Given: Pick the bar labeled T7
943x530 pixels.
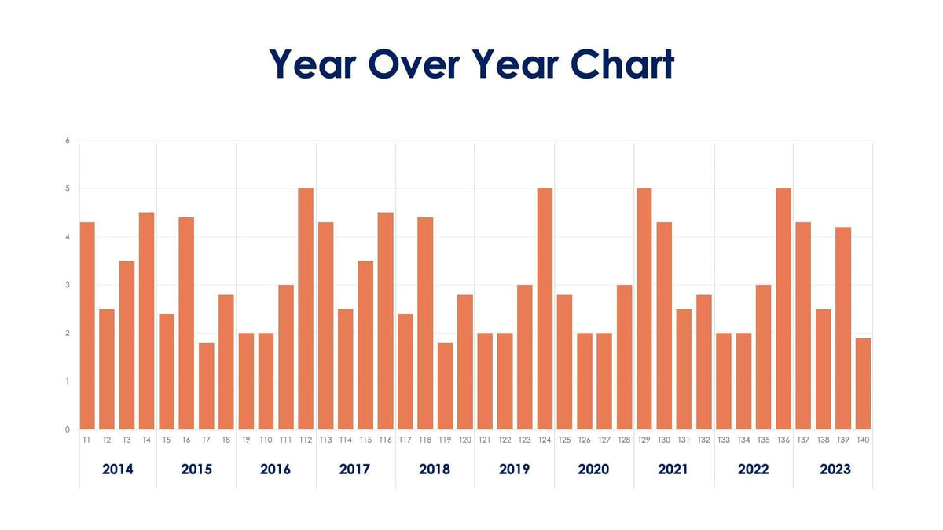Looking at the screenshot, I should [206, 386].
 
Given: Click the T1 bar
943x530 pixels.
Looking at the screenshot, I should [86, 326].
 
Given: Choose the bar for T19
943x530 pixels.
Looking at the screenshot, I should [445, 386].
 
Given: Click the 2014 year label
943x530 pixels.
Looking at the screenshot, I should [118, 470].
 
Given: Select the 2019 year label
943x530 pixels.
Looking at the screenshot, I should [514, 470].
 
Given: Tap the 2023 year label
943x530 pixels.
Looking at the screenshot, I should [835, 470].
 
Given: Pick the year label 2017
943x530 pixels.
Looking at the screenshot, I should [354, 470].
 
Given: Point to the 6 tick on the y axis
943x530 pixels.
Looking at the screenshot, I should [68, 141].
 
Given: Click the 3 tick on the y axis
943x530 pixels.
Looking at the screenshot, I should [68, 285].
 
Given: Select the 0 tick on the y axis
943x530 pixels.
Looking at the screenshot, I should [68, 429].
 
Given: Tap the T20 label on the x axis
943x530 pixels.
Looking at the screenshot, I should [464, 440].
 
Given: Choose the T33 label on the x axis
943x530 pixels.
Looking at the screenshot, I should [724, 440].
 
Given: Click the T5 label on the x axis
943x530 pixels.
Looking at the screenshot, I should [167, 440].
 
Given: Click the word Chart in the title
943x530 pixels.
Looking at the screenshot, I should [622, 64].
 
